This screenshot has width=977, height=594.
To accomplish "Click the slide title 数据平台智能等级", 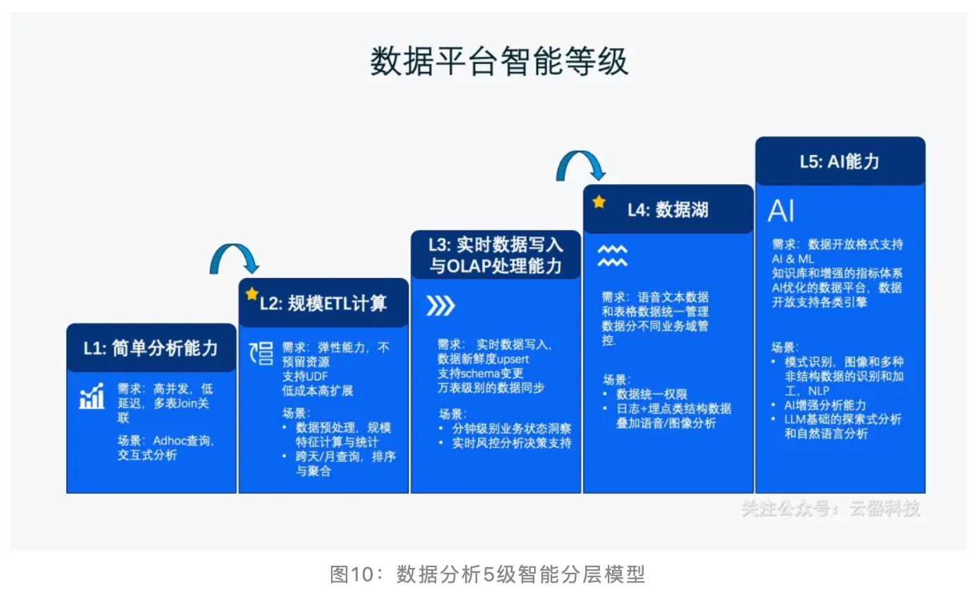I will [498, 62].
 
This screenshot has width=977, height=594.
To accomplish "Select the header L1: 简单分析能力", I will [151, 348].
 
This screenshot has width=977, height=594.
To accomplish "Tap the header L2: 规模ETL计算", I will [323, 303].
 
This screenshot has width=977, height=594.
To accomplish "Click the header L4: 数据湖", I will [668, 210].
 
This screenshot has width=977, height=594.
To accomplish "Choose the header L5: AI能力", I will [839, 162].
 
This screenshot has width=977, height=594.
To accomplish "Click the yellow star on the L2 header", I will [251, 294].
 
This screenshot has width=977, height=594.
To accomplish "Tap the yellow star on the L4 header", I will [599, 202].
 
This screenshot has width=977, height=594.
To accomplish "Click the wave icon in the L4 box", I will [612, 256].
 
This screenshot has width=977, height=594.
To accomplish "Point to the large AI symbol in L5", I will [781, 211].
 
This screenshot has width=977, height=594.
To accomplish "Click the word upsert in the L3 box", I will [508, 358].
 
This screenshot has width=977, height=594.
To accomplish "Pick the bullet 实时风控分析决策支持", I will [511, 443].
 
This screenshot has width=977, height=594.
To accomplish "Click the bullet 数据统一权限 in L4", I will [652, 394].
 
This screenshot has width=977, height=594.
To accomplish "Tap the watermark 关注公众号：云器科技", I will [830, 509].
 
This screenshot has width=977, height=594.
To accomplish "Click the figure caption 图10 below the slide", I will [487, 574].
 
